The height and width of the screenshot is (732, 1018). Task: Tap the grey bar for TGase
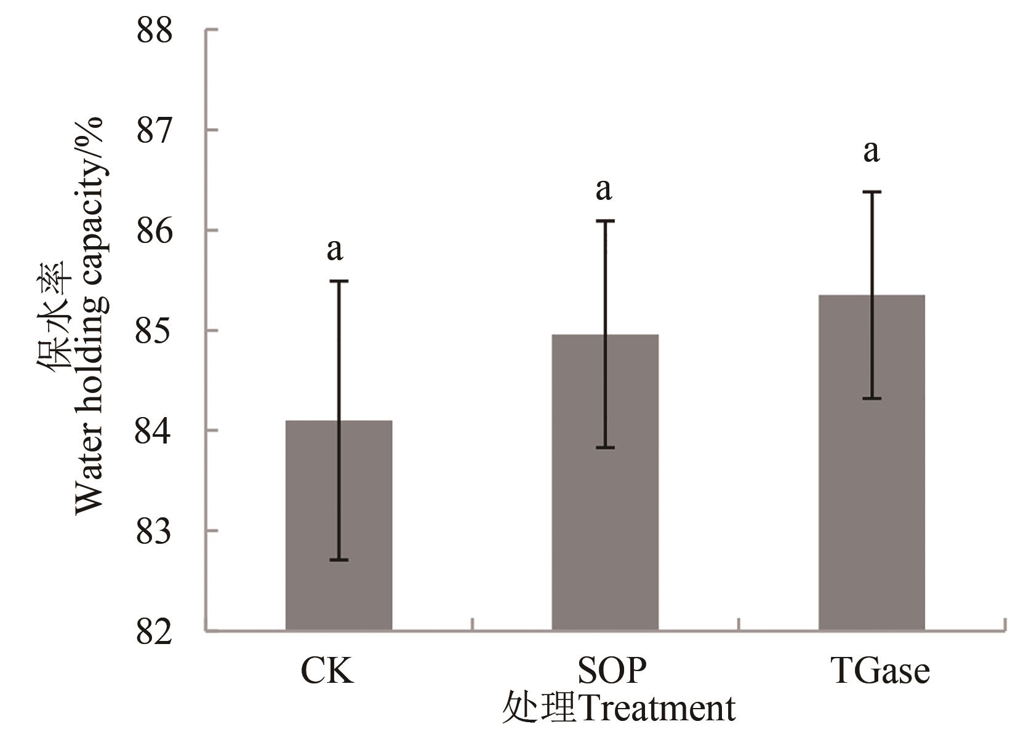(871, 462)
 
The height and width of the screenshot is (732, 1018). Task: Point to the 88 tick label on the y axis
(154, 31)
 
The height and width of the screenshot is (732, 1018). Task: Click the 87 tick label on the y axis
(154, 130)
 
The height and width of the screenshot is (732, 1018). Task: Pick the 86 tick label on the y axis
(154, 231)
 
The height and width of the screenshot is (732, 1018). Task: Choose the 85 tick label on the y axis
(154, 331)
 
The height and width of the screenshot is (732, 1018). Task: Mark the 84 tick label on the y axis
(154, 431)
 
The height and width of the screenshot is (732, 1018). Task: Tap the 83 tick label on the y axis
(154, 531)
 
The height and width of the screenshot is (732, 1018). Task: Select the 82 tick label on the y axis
(154, 631)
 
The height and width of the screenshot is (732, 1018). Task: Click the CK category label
(327, 671)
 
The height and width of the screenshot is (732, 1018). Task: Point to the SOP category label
(612, 671)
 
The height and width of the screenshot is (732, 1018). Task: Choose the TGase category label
(880, 671)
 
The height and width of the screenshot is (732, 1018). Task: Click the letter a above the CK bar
(335, 250)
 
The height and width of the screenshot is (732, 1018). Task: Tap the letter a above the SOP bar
(604, 190)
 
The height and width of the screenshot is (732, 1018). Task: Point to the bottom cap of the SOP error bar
(605, 448)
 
